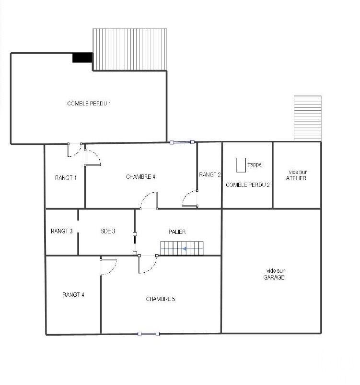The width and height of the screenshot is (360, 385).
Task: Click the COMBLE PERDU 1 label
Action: click(x=89, y=104)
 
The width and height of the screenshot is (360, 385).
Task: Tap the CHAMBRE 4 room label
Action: click(x=140, y=177)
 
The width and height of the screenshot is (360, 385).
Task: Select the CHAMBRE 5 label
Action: click(x=161, y=299)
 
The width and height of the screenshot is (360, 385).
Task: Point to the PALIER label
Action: click(x=177, y=232)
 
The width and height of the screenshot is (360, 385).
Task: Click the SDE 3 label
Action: click(x=108, y=231)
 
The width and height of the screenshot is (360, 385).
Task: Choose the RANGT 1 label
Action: click(x=66, y=177)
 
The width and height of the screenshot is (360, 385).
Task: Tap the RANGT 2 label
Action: click(x=209, y=175)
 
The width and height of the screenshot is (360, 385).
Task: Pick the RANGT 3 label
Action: click(x=62, y=231)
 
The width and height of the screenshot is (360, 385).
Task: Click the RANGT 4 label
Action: click(x=73, y=295)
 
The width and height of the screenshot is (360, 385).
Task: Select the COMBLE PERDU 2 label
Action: click(x=247, y=185)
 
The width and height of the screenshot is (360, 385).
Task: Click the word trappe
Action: click(x=254, y=164)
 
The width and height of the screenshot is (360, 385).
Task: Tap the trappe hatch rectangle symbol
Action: click(x=241, y=165)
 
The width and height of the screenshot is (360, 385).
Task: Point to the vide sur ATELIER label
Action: click(x=296, y=175)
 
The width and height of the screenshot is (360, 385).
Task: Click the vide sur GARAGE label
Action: click(x=274, y=274)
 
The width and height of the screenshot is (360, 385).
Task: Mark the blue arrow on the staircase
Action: click(x=185, y=249)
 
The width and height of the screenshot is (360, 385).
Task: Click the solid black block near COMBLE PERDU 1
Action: click(x=82, y=58)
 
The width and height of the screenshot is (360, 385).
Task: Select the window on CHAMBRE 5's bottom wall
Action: click(x=149, y=334)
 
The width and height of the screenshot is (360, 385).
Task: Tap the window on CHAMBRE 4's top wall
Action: click(x=182, y=142)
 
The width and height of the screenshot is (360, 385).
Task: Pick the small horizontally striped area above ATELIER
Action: click(x=308, y=118)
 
